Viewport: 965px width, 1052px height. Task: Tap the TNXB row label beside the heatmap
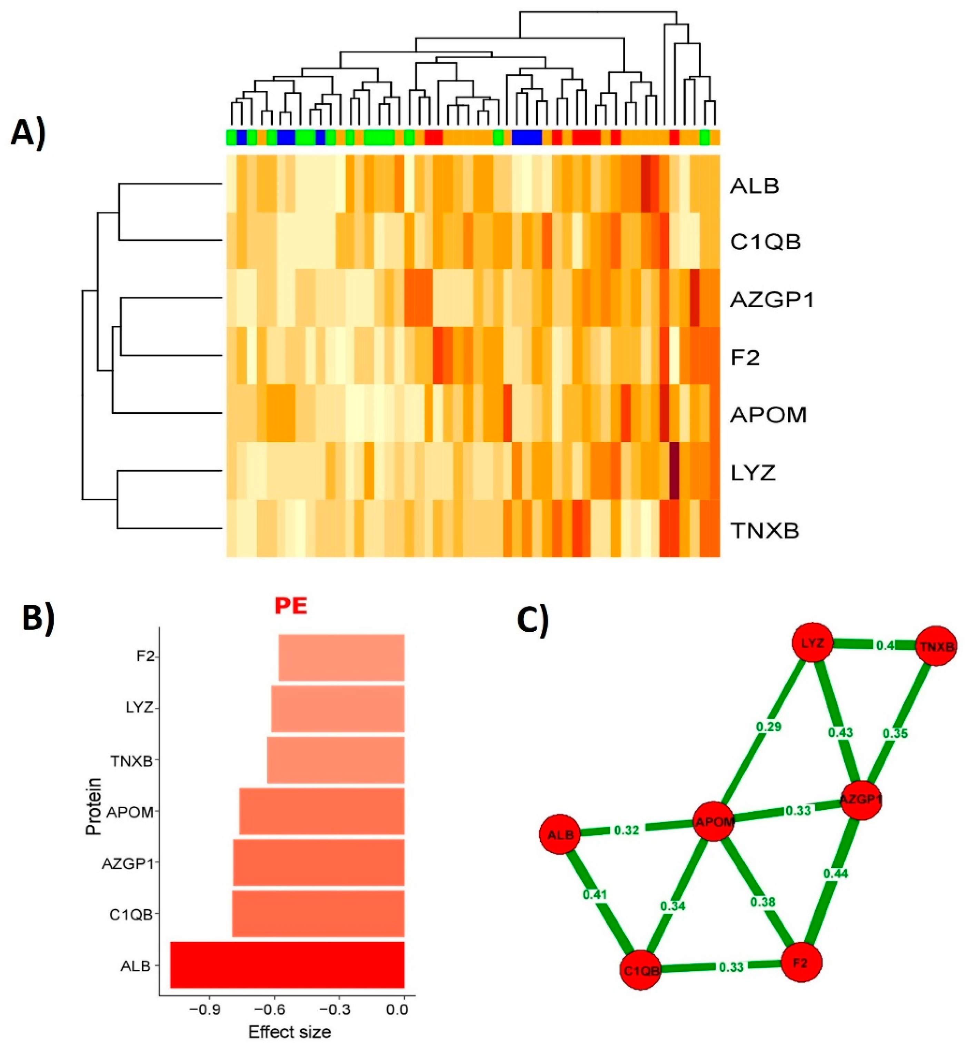pyautogui.click(x=765, y=531)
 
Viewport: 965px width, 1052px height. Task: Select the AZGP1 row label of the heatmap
pyautogui.click(x=771, y=300)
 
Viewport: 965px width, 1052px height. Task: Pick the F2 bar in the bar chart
pyautogui.click(x=341, y=657)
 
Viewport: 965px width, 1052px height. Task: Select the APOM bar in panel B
pyautogui.click(x=322, y=811)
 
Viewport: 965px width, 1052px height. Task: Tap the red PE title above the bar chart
pyautogui.click(x=290, y=606)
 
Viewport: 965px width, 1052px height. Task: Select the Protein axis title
pyautogui.click(x=94, y=806)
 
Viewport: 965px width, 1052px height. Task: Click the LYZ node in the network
pyautogui.click(x=813, y=643)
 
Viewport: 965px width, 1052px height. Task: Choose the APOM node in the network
pyautogui.click(x=713, y=822)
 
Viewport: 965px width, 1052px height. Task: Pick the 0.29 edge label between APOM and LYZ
pyautogui.click(x=769, y=726)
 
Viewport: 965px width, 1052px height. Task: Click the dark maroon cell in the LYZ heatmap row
pyautogui.click(x=674, y=470)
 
